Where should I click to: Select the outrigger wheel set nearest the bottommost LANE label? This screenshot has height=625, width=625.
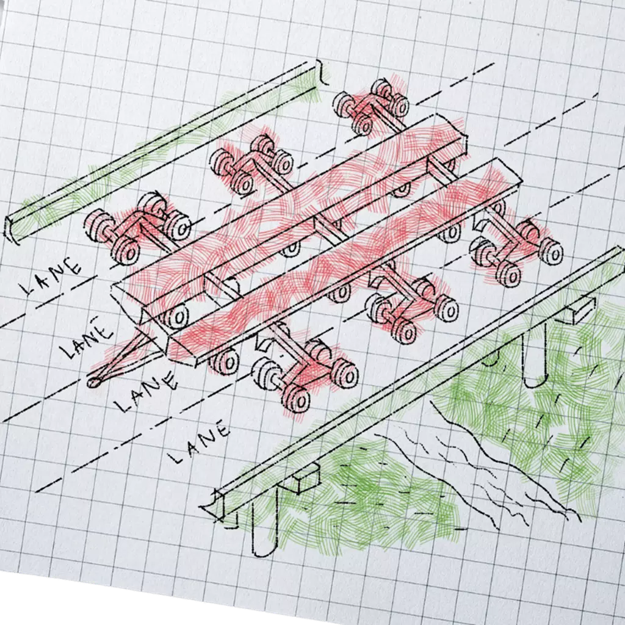tap(305, 372)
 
